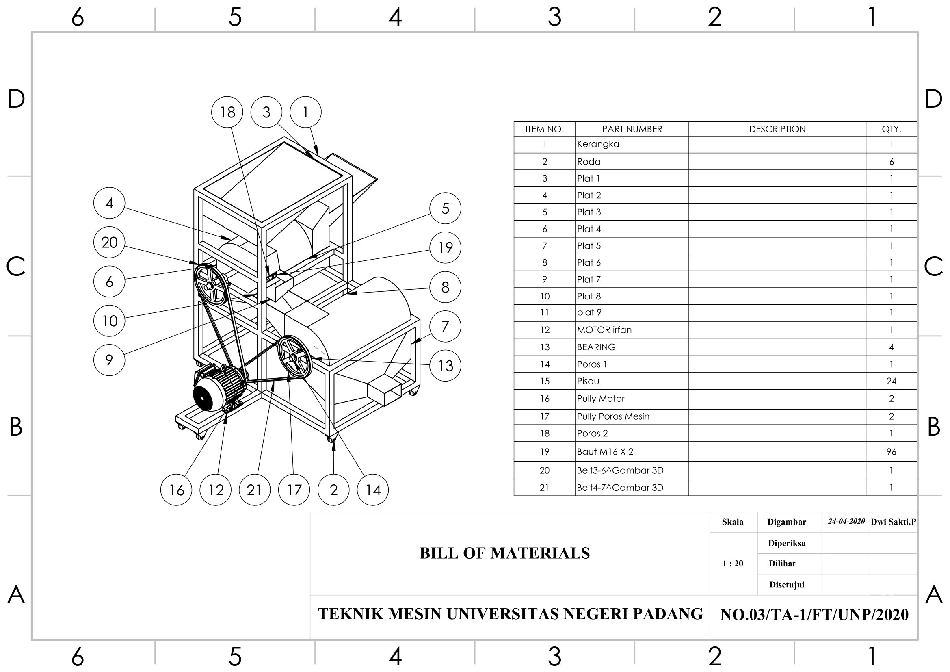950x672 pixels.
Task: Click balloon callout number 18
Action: pyautogui.click(x=227, y=112)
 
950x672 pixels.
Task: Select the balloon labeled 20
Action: pyautogui.click(x=109, y=243)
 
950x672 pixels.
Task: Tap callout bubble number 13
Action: pyautogui.click(x=445, y=366)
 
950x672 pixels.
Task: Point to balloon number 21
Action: pyautogui.click(x=255, y=490)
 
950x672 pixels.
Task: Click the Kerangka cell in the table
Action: pyautogui.click(x=598, y=144)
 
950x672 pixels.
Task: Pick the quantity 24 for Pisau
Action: pyautogui.click(x=891, y=381)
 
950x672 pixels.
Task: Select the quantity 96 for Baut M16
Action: pyautogui.click(x=891, y=452)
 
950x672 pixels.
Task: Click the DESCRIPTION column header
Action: pyautogui.click(x=777, y=129)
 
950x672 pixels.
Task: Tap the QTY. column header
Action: pyautogui.click(x=891, y=129)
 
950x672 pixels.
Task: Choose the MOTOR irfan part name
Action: pyautogui.click(x=604, y=330)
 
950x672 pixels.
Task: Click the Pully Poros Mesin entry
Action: pyautogui.click(x=613, y=417)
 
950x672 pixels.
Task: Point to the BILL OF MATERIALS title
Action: pyautogui.click(x=504, y=553)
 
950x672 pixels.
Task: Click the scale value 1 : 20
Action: pyautogui.click(x=732, y=564)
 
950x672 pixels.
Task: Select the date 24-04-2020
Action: pyautogui.click(x=846, y=521)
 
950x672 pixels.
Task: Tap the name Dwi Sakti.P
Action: pyautogui.click(x=893, y=522)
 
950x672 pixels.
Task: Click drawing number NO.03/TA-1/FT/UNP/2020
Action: pyautogui.click(x=814, y=615)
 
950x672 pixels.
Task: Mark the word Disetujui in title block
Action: pyautogui.click(x=787, y=585)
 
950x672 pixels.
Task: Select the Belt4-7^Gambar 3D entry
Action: pyautogui.click(x=620, y=488)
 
